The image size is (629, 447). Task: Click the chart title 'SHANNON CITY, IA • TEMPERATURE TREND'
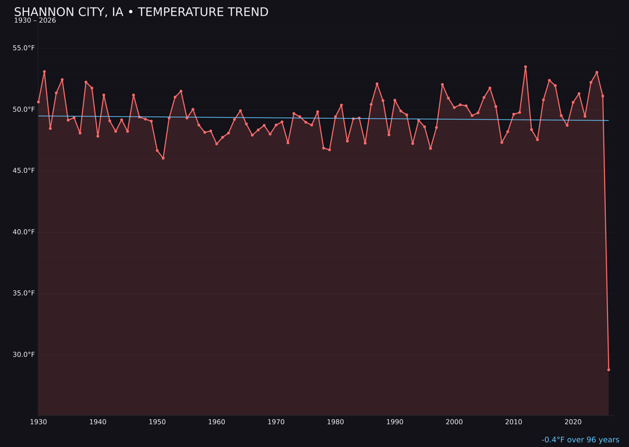pyautogui.click(x=141, y=12)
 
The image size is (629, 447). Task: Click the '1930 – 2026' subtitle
pyautogui.click(x=35, y=20)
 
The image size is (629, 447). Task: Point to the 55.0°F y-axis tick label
pyautogui.click(x=24, y=48)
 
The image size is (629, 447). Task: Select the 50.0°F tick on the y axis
pyautogui.click(x=24, y=109)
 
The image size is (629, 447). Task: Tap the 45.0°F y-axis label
pyautogui.click(x=24, y=171)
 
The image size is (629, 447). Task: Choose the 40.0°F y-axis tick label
pyautogui.click(x=24, y=232)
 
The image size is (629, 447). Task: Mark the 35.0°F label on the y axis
pyautogui.click(x=24, y=293)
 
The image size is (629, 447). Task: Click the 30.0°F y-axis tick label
pyautogui.click(x=24, y=354)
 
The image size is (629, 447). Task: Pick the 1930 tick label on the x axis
pyautogui.click(x=38, y=422)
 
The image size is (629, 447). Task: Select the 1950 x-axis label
pyautogui.click(x=157, y=422)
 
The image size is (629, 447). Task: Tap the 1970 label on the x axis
pyautogui.click(x=276, y=422)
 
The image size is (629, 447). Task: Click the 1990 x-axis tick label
pyautogui.click(x=395, y=422)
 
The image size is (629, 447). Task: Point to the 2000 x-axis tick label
pyautogui.click(x=454, y=422)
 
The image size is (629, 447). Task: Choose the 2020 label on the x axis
pyautogui.click(x=573, y=422)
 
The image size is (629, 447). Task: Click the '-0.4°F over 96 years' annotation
pyautogui.click(x=580, y=440)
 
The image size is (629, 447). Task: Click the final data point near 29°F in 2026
pyautogui.click(x=609, y=370)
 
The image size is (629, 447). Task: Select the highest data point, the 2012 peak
pyautogui.click(x=525, y=67)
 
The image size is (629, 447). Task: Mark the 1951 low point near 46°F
pyautogui.click(x=163, y=158)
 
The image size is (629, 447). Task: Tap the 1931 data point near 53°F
pyautogui.click(x=44, y=72)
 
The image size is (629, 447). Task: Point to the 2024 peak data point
pyautogui.click(x=597, y=72)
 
